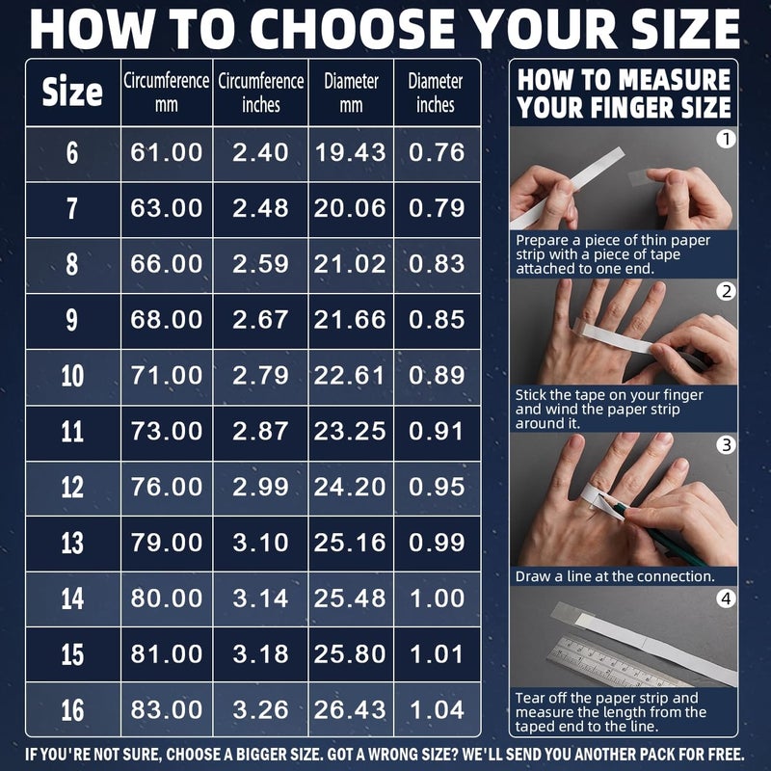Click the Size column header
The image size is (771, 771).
72,92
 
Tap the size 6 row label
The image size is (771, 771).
72,153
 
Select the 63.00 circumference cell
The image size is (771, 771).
166,208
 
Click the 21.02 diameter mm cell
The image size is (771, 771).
350,264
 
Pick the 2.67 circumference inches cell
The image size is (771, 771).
260,320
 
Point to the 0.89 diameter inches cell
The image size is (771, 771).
437,376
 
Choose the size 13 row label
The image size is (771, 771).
72,544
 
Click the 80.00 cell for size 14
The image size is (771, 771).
166,598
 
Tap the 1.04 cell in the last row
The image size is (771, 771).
437,710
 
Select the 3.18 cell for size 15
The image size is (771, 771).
260,654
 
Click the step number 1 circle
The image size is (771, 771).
726,139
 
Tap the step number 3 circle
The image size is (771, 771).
726,445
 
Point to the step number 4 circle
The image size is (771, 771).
726,598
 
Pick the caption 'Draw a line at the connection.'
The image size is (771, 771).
615,576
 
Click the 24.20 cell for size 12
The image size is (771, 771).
350,488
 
